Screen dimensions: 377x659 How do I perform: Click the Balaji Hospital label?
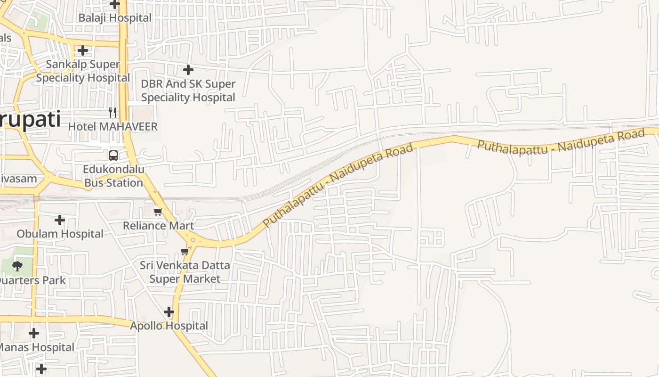tap(115, 18)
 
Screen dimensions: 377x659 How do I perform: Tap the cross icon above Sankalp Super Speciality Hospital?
tap(83, 50)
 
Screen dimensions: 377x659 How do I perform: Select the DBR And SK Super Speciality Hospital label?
tap(188, 90)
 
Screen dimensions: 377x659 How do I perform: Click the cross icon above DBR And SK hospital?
tap(188, 70)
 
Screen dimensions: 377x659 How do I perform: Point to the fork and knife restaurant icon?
tap(113, 112)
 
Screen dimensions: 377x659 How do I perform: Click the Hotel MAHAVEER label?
tap(113, 126)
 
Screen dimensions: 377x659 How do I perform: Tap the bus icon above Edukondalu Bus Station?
tap(113, 155)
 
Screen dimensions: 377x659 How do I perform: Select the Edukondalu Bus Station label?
tap(113, 176)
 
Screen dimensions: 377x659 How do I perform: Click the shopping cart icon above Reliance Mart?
tap(158, 212)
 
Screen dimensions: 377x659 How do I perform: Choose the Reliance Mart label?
tap(158, 225)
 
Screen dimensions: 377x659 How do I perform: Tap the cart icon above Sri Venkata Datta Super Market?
tap(185, 251)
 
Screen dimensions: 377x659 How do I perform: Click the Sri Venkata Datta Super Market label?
tap(185, 272)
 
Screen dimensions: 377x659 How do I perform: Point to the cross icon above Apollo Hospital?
tap(169, 312)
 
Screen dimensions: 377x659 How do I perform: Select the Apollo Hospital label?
tap(169, 326)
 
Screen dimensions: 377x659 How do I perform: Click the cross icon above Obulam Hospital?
tap(60, 220)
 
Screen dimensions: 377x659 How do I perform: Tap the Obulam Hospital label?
tap(60, 234)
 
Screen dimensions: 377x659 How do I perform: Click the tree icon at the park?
tap(17, 266)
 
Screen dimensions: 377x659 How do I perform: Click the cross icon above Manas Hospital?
tap(34, 334)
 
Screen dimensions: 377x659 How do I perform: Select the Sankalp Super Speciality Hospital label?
tap(83, 71)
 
